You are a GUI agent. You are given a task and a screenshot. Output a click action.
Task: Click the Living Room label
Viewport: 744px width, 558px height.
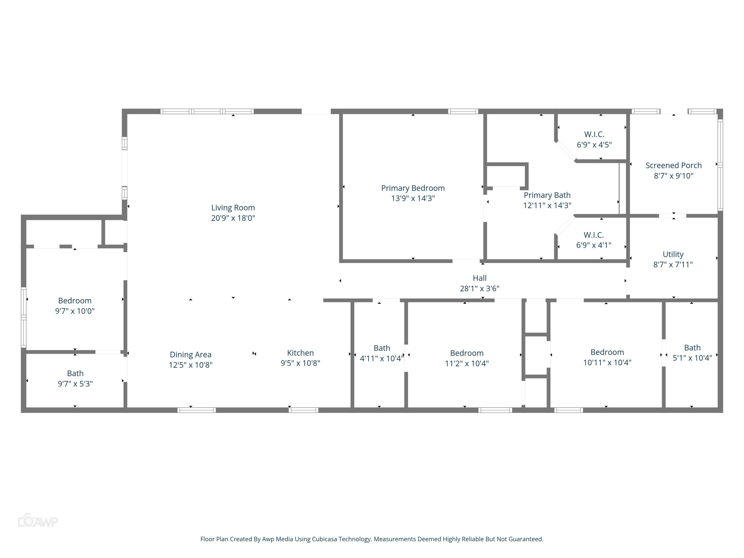click(233, 208)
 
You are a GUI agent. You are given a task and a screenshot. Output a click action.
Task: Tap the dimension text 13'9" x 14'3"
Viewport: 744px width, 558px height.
click(413, 198)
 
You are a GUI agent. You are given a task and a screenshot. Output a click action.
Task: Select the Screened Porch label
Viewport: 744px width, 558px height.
click(673, 165)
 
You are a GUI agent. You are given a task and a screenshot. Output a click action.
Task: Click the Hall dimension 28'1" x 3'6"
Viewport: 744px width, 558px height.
click(479, 288)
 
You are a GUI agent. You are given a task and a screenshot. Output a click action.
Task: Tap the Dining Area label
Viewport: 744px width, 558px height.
click(190, 354)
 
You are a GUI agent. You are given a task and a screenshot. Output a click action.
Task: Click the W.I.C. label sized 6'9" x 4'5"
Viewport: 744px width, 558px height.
click(594, 134)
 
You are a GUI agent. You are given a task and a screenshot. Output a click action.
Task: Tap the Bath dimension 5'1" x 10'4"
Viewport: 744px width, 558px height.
click(692, 358)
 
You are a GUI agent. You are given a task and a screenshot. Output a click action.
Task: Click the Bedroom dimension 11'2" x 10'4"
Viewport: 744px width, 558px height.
click(466, 363)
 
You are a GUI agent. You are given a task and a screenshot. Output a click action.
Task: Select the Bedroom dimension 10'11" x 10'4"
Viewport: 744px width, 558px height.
click(607, 363)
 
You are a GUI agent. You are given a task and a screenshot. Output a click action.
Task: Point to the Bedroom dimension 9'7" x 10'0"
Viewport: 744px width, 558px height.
click(75, 311)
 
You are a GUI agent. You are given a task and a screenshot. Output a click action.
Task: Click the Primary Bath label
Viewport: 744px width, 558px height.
click(547, 195)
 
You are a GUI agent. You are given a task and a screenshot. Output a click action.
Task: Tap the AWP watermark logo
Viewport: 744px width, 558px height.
click(38, 521)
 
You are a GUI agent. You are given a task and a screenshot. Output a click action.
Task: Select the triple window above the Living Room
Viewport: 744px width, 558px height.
click(207, 111)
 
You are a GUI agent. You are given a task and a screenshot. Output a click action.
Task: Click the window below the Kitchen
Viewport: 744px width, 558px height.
click(303, 410)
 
